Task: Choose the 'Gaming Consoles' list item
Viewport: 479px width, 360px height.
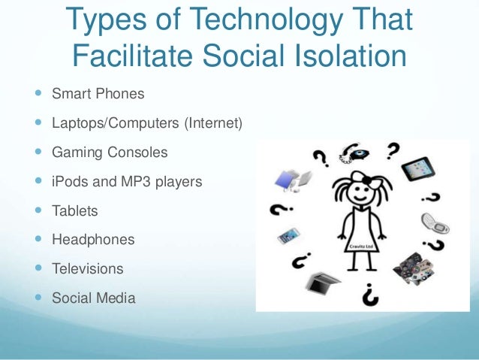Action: pos(110,152)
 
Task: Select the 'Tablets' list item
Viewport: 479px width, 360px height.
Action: pos(75,210)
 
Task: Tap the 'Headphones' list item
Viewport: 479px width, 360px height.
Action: pos(93,240)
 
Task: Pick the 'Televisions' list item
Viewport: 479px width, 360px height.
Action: pos(88,268)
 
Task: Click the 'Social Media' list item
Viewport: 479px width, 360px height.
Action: pos(94,298)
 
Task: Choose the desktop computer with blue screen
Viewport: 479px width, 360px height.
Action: pos(292,181)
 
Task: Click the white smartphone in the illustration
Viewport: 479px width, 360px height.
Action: pos(288,235)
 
